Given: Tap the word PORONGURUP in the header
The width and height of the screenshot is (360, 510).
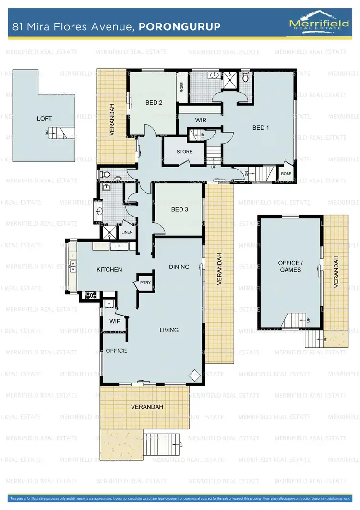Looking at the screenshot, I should pyautogui.click(x=180, y=26).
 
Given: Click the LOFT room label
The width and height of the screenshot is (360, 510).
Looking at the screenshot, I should pyautogui.click(x=44, y=118).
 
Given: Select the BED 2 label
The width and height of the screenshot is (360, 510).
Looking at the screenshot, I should pyautogui.click(x=154, y=102).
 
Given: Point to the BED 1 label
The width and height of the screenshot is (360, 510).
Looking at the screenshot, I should pyautogui.click(x=262, y=127).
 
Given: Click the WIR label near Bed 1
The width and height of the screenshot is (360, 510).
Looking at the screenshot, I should pyautogui.click(x=201, y=120).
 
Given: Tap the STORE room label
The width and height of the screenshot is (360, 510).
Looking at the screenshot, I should pyautogui.click(x=184, y=152).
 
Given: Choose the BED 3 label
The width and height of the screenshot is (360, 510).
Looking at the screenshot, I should pyautogui.click(x=180, y=209).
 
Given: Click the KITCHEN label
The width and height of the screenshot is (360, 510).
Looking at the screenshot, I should pyautogui.click(x=109, y=269).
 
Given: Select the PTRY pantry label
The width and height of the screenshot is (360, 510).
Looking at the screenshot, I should pyautogui.click(x=145, y=283).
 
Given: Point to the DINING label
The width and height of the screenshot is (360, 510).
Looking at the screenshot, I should pyautogui.click(x=179, y=267).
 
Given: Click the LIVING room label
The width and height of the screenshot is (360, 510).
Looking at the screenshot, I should pyautogui.click(x=169, y=330).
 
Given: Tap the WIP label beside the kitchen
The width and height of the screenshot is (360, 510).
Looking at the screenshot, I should pyautogui.click(x=115, y=321).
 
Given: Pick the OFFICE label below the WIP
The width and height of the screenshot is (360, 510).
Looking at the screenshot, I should pyautogui.click(x=116, y=351).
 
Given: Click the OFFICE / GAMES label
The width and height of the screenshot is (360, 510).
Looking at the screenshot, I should pyautogui.click(x=290, y=266).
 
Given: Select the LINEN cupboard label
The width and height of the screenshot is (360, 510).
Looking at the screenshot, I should pyautogui.click(x=127, y=232).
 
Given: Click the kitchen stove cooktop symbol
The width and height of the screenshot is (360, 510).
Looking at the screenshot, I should pyautogui.click(x=91, y=295).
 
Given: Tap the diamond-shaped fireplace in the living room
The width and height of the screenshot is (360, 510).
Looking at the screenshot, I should pyautogui.click(x=194, y=375).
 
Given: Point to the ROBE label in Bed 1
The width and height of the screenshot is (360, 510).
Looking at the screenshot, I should pyautogui.click(x=286, y=174).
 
